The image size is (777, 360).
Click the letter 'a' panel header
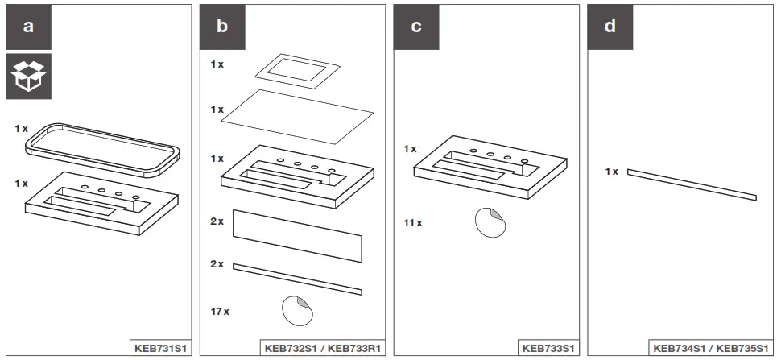point(29,27)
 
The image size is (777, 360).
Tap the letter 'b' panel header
point(222,27)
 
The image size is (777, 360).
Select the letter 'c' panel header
point(416,27)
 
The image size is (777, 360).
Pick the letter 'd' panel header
point(610,27)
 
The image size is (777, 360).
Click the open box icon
point(29,77)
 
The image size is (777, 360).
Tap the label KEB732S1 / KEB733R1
point(323,348)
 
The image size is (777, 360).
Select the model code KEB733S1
point(548,348)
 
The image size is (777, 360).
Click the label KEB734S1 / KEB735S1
point(709,348)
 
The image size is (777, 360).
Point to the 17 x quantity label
point(221,311)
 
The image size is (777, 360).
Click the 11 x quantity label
point(413,222)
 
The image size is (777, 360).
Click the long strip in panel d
point(692,184)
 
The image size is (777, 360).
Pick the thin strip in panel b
point(297,279)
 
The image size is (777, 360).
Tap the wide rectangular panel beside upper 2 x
point(297,235)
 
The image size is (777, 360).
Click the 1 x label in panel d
point(612,172)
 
